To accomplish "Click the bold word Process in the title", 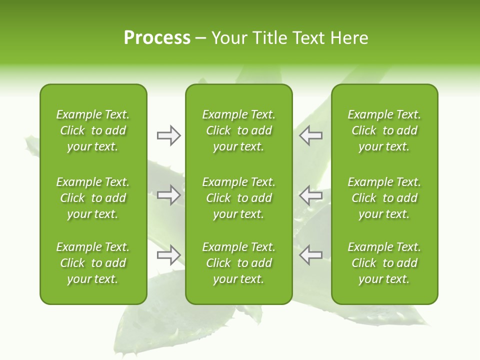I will point(157,38).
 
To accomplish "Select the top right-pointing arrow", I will point(168,135).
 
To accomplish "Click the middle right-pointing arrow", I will point(168,195).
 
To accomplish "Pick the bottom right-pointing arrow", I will point(168,255).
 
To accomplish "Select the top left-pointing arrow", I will point(310,135).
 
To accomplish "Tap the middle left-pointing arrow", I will point(310,195).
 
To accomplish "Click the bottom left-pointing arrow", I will point(310,255).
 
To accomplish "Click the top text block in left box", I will point(93,130).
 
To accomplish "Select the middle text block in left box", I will point(93,198).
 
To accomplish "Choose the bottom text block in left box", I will point(93,263).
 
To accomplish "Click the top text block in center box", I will point(238,130).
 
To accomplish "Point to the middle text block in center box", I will point(238,198).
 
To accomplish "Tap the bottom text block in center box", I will point(238,263).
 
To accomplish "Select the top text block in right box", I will point(384,130).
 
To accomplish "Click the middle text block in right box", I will point(384,198).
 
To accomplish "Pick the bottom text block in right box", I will point(384,263).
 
